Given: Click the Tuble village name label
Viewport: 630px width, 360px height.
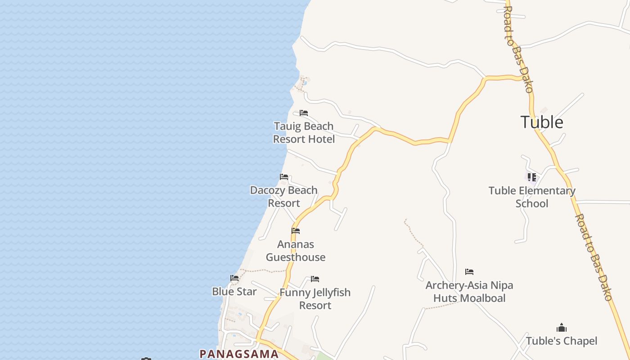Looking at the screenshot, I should pyautogui.click(x=542, y=122).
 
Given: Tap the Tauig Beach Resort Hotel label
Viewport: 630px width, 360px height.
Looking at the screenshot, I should pyautogui.click(x=304, y=133).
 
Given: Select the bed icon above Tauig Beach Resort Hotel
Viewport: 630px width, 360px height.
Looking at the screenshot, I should pyautogui.click(x=304, y=113).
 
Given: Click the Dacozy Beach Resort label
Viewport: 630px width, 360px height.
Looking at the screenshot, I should pyautogui.click(x=284, y=197).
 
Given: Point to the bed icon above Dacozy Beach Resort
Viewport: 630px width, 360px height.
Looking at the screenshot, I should pyautogui.click(x=284, y=177).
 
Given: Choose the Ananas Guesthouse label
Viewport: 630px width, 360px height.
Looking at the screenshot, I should pyautogui.click(x=296, y=251).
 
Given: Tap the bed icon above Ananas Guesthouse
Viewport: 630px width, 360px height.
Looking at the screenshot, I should pyautogui.click(x=296, y=231).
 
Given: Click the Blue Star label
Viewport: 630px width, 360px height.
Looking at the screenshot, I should pyautogui.click(x=234, y=292).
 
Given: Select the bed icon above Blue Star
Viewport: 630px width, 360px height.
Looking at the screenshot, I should pyautogui.click(x=234, y=278).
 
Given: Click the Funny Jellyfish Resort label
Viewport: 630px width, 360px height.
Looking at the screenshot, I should pyautogui.click(x=315, y=299).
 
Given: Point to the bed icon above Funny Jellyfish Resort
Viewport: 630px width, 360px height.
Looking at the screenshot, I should pyautogui.click(x=315, y=279).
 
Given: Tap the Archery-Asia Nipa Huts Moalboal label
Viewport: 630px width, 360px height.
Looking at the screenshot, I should pyautogui.click(x=469, y=292).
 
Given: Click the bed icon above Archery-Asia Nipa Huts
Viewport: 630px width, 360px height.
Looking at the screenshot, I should pyautogui.click(x=469, y=272).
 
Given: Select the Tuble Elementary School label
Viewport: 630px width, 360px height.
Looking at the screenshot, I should pyautogui.click(x=532, y=197).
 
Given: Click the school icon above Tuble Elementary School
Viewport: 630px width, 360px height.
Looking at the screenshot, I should pyautogui.click(x=532, y=177).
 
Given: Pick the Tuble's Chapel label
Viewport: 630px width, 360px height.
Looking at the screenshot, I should pyautogui.click(x=562, y=341).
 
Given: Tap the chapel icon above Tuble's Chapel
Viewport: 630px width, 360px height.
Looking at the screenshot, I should pyautogui.click(x=562, y=328).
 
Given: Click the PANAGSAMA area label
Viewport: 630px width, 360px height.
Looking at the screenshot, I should pyautogui.click(x=239, y=354).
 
